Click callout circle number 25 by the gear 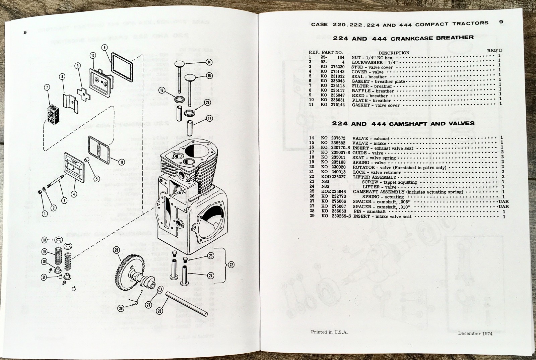(x=116, y=250)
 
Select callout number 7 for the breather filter (x=47, y=88)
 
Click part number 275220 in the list (x=337, y=67)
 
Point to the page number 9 (x=501, y=22)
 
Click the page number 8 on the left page (x=25, y=33)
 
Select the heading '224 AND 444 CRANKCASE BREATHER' (x=403, y=38)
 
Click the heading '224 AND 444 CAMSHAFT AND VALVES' (x=403, y=124)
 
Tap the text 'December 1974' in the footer (x=475, y=333)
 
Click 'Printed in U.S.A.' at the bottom (x=329, y=332)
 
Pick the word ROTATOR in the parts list (x=363, y=167)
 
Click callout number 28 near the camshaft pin (x=159, y=311)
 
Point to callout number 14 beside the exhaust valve (x=209, y=62)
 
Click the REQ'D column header (x=494, y=50)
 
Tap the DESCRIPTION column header (x=394, y=53)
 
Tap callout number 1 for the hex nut (x=45, y=214)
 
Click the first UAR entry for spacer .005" (x=503, y=201)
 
